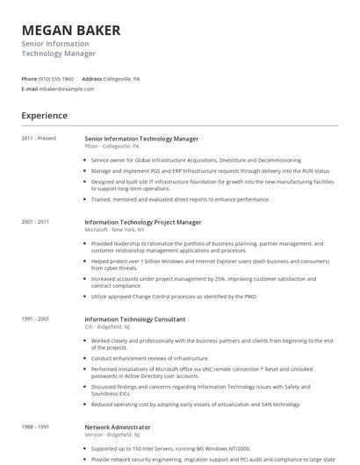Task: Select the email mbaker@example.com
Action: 68,89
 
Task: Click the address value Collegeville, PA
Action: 122,78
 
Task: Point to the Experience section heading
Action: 45,115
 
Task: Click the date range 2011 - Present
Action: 39,139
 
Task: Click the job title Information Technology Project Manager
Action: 142,222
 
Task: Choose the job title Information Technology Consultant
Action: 134,319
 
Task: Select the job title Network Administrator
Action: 118,426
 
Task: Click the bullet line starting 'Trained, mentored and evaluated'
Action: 180,199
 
